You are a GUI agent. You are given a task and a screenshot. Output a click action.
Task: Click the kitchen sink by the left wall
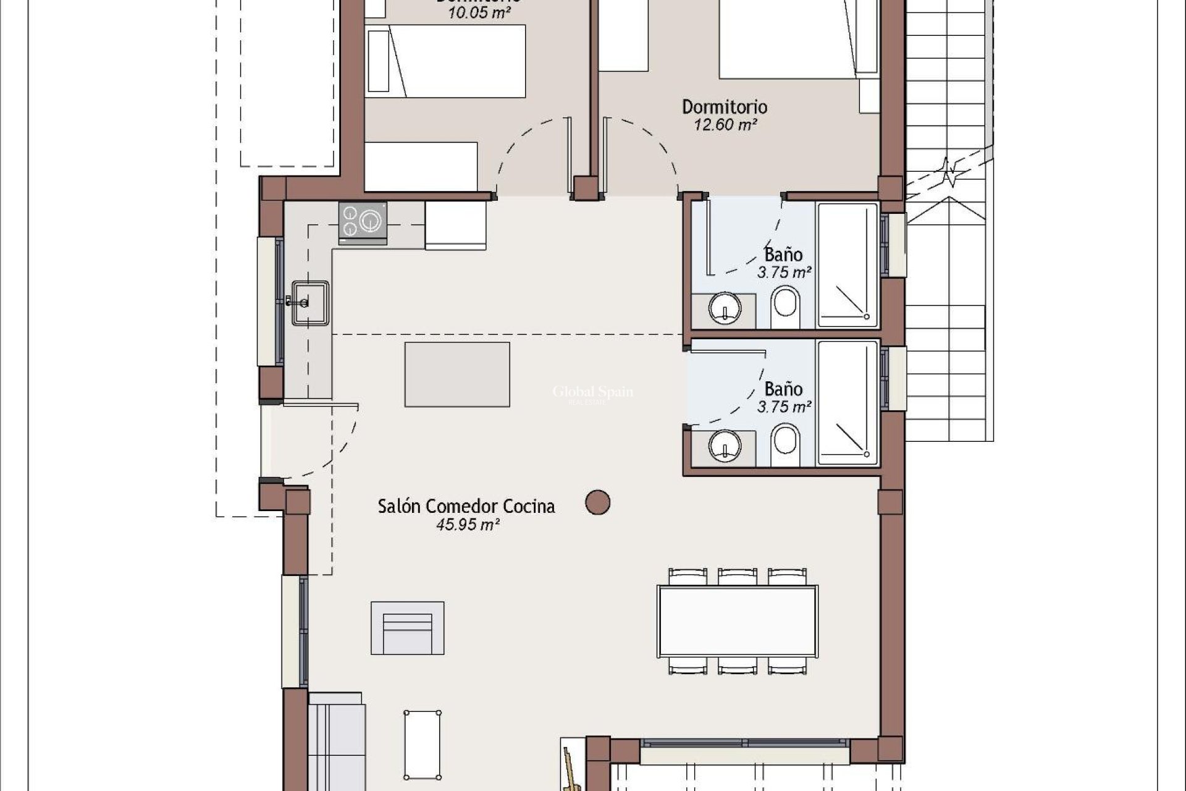[310, 302]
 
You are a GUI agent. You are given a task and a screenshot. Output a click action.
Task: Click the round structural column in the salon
[597, 502]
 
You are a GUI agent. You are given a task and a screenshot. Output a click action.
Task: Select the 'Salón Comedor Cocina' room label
[466, 507]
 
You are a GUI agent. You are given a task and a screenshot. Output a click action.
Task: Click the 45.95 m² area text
[468, 525]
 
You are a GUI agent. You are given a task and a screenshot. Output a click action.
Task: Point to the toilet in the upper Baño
[785, 308]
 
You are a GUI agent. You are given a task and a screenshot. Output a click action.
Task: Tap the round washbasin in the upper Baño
[725, 308]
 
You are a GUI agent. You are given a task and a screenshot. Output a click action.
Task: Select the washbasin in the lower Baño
[725, 444]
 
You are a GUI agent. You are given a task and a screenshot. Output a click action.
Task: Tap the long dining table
[737, 621]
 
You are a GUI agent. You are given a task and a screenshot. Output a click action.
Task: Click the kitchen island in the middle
[457, 374]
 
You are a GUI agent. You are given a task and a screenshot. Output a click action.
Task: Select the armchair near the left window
[407, 628]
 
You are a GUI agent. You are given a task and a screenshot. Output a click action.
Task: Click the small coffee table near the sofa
[423, 745]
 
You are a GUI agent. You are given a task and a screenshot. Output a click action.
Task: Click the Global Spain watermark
[592, 392]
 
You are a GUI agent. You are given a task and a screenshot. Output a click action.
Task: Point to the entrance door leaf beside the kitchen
[321, 405]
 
